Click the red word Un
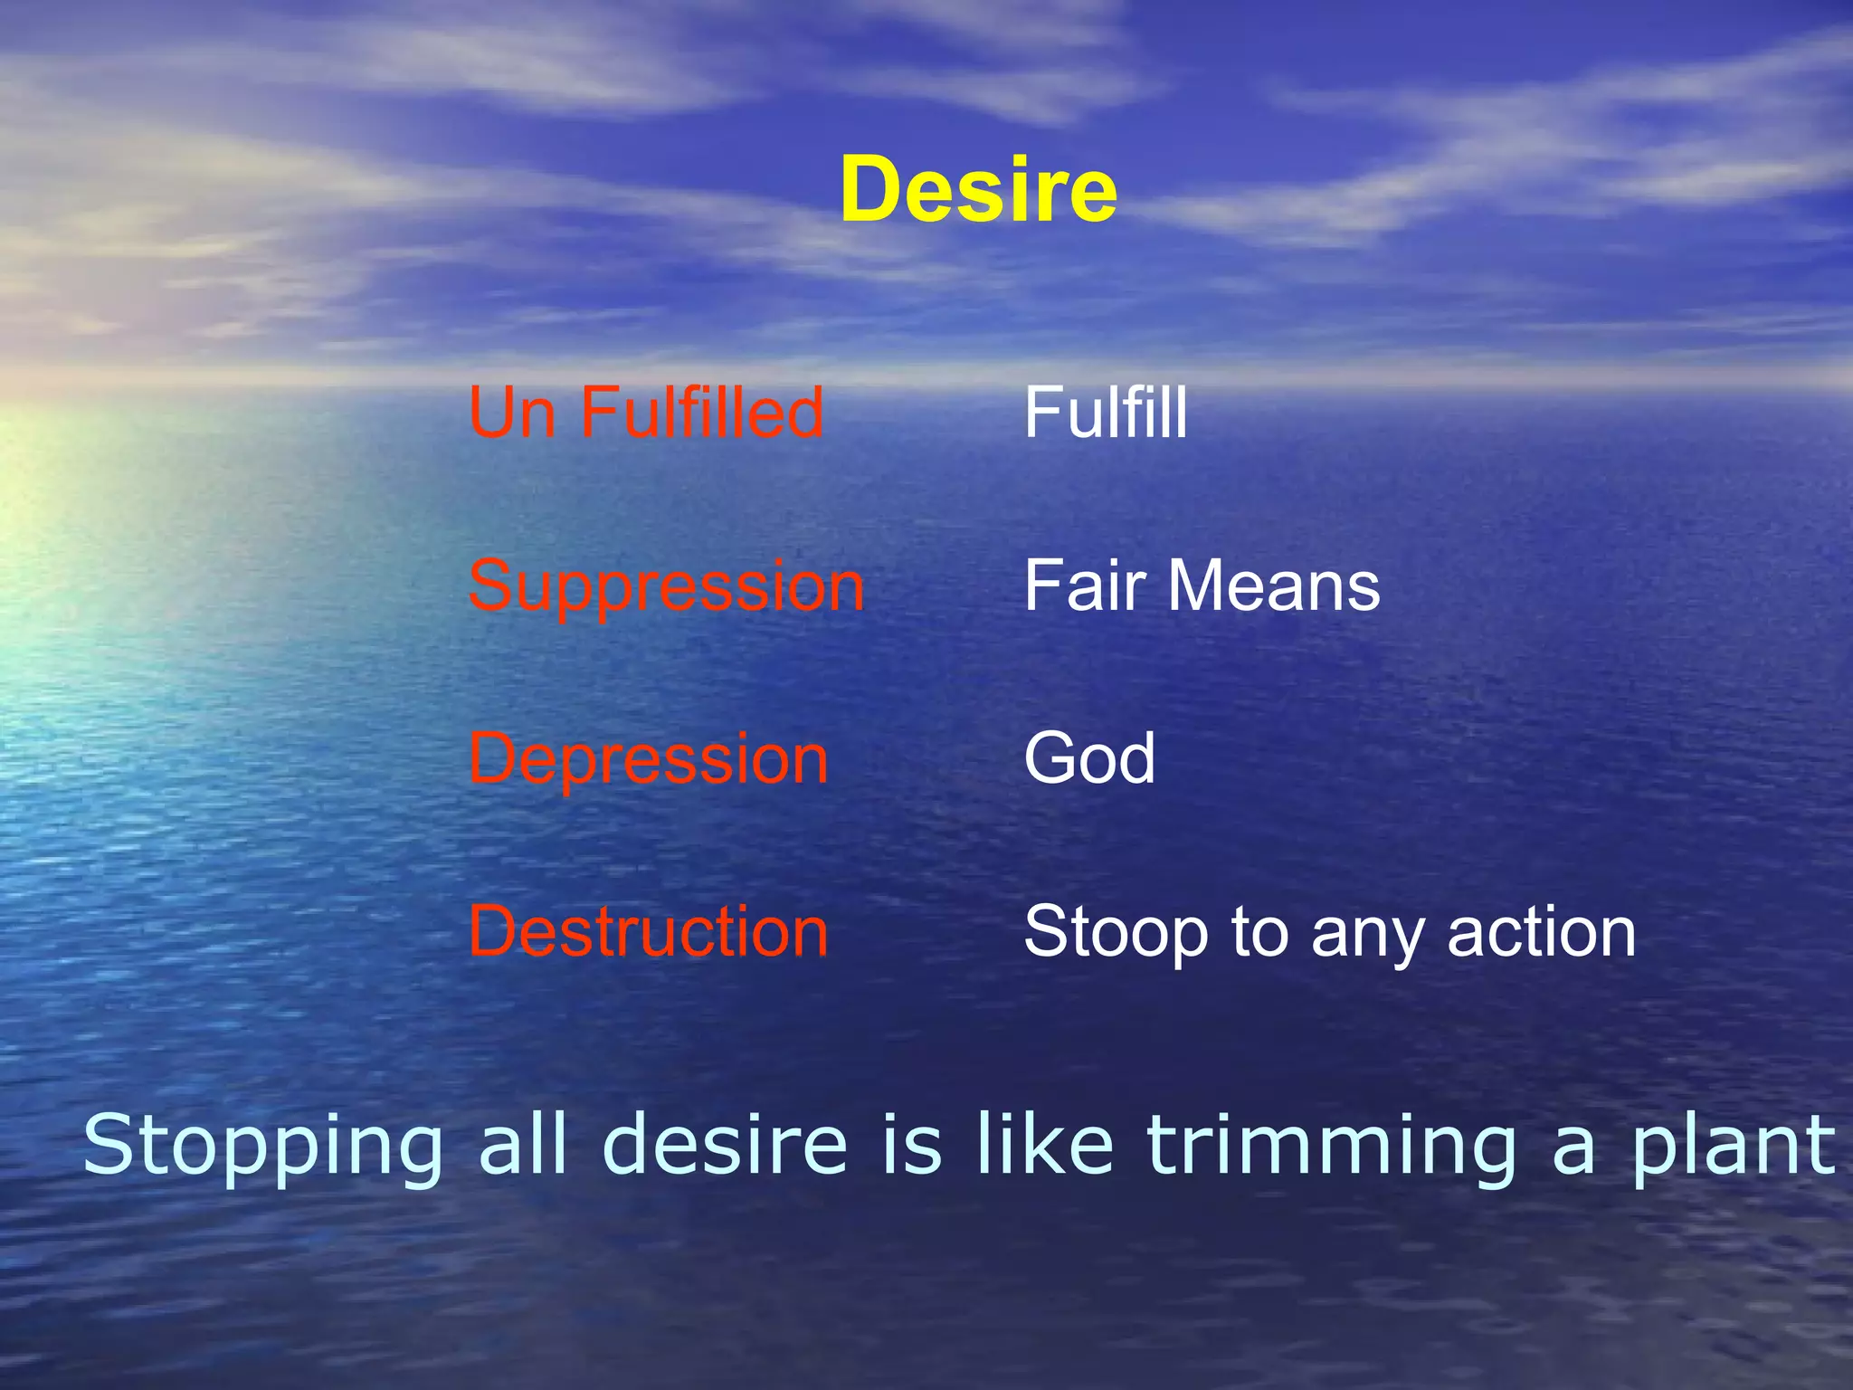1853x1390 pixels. click(x=512, y=413)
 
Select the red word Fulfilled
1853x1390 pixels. click(x=701, y=413)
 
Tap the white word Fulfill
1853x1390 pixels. click(x=1105, y=413)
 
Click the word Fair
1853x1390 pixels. click(x=1086, y=586)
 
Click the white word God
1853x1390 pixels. click(x=1089, y=758)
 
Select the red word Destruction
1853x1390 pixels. click(x=648, y=932)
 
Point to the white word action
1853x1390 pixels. click(x=1542, y=932)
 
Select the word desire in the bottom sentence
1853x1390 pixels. click(x=724, y=1146)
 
